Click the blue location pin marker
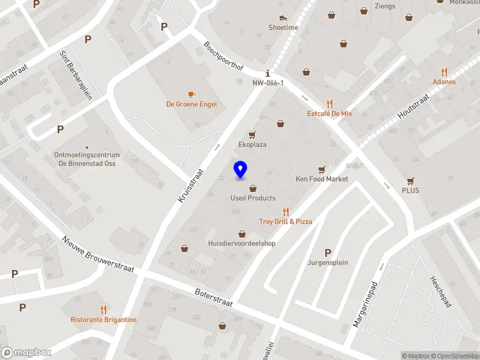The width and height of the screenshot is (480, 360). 241,169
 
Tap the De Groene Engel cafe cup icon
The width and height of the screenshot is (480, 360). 191,94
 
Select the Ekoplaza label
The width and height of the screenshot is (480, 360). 252,145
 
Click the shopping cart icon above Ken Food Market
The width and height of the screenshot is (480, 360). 322,169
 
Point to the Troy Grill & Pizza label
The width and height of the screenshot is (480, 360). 286,221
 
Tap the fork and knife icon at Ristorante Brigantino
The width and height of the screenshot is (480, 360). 104,310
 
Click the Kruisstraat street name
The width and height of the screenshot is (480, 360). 192,184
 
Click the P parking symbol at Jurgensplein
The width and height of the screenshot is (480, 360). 328,253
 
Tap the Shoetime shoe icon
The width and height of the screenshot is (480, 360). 283,17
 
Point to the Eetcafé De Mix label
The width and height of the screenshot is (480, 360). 329,113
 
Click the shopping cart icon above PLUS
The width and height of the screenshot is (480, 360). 411,181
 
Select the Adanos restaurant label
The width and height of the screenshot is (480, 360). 444,82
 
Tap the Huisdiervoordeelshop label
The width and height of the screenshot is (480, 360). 242,244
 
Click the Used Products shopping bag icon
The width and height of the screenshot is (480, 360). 253,188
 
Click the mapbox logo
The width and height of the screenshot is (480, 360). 25,353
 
